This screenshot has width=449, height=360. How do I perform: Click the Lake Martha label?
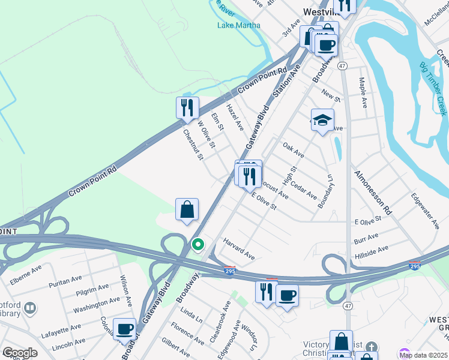(x=239, y=25)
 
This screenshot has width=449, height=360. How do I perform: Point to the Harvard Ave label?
(x=239, y=250)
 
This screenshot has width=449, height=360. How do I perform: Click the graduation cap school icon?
(x=322, y=120)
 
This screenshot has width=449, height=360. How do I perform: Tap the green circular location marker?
(x=197, y=245)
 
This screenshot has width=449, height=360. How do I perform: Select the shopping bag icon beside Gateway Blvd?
(x=187, y=209)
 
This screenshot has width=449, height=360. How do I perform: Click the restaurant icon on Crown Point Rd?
(x=187, y=107)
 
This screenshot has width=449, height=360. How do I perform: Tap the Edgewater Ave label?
(x=425, y=210)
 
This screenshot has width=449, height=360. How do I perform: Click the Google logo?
(x=19, y=353)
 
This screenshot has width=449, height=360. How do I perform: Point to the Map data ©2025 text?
(x=423, y=355)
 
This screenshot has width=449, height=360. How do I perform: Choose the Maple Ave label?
(x=363, y=92)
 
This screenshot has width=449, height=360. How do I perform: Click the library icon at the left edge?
(x=29, y=309)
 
